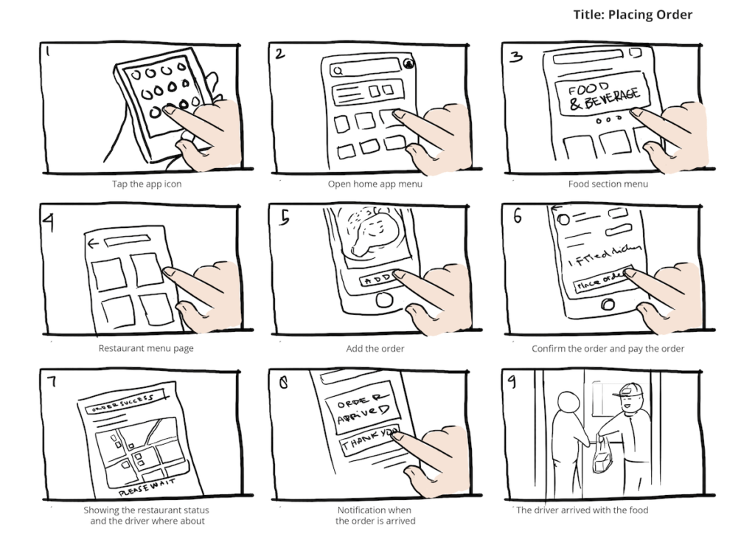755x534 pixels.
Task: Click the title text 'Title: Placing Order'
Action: (632, 15)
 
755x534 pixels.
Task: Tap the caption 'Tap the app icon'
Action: (147, 184)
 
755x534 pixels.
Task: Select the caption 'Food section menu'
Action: (608, 184)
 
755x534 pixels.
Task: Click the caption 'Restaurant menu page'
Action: (146, 348)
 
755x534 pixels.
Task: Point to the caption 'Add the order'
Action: (375, 348)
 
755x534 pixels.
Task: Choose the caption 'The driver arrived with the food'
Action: (582, 510)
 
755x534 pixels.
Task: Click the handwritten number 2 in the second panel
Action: (279, 55)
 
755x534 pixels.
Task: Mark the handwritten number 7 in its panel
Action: (49, 382)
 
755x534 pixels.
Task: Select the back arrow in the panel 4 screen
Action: (92, 243)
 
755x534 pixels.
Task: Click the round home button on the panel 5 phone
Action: (383, 300)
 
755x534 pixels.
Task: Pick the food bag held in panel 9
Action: (601, 457)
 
